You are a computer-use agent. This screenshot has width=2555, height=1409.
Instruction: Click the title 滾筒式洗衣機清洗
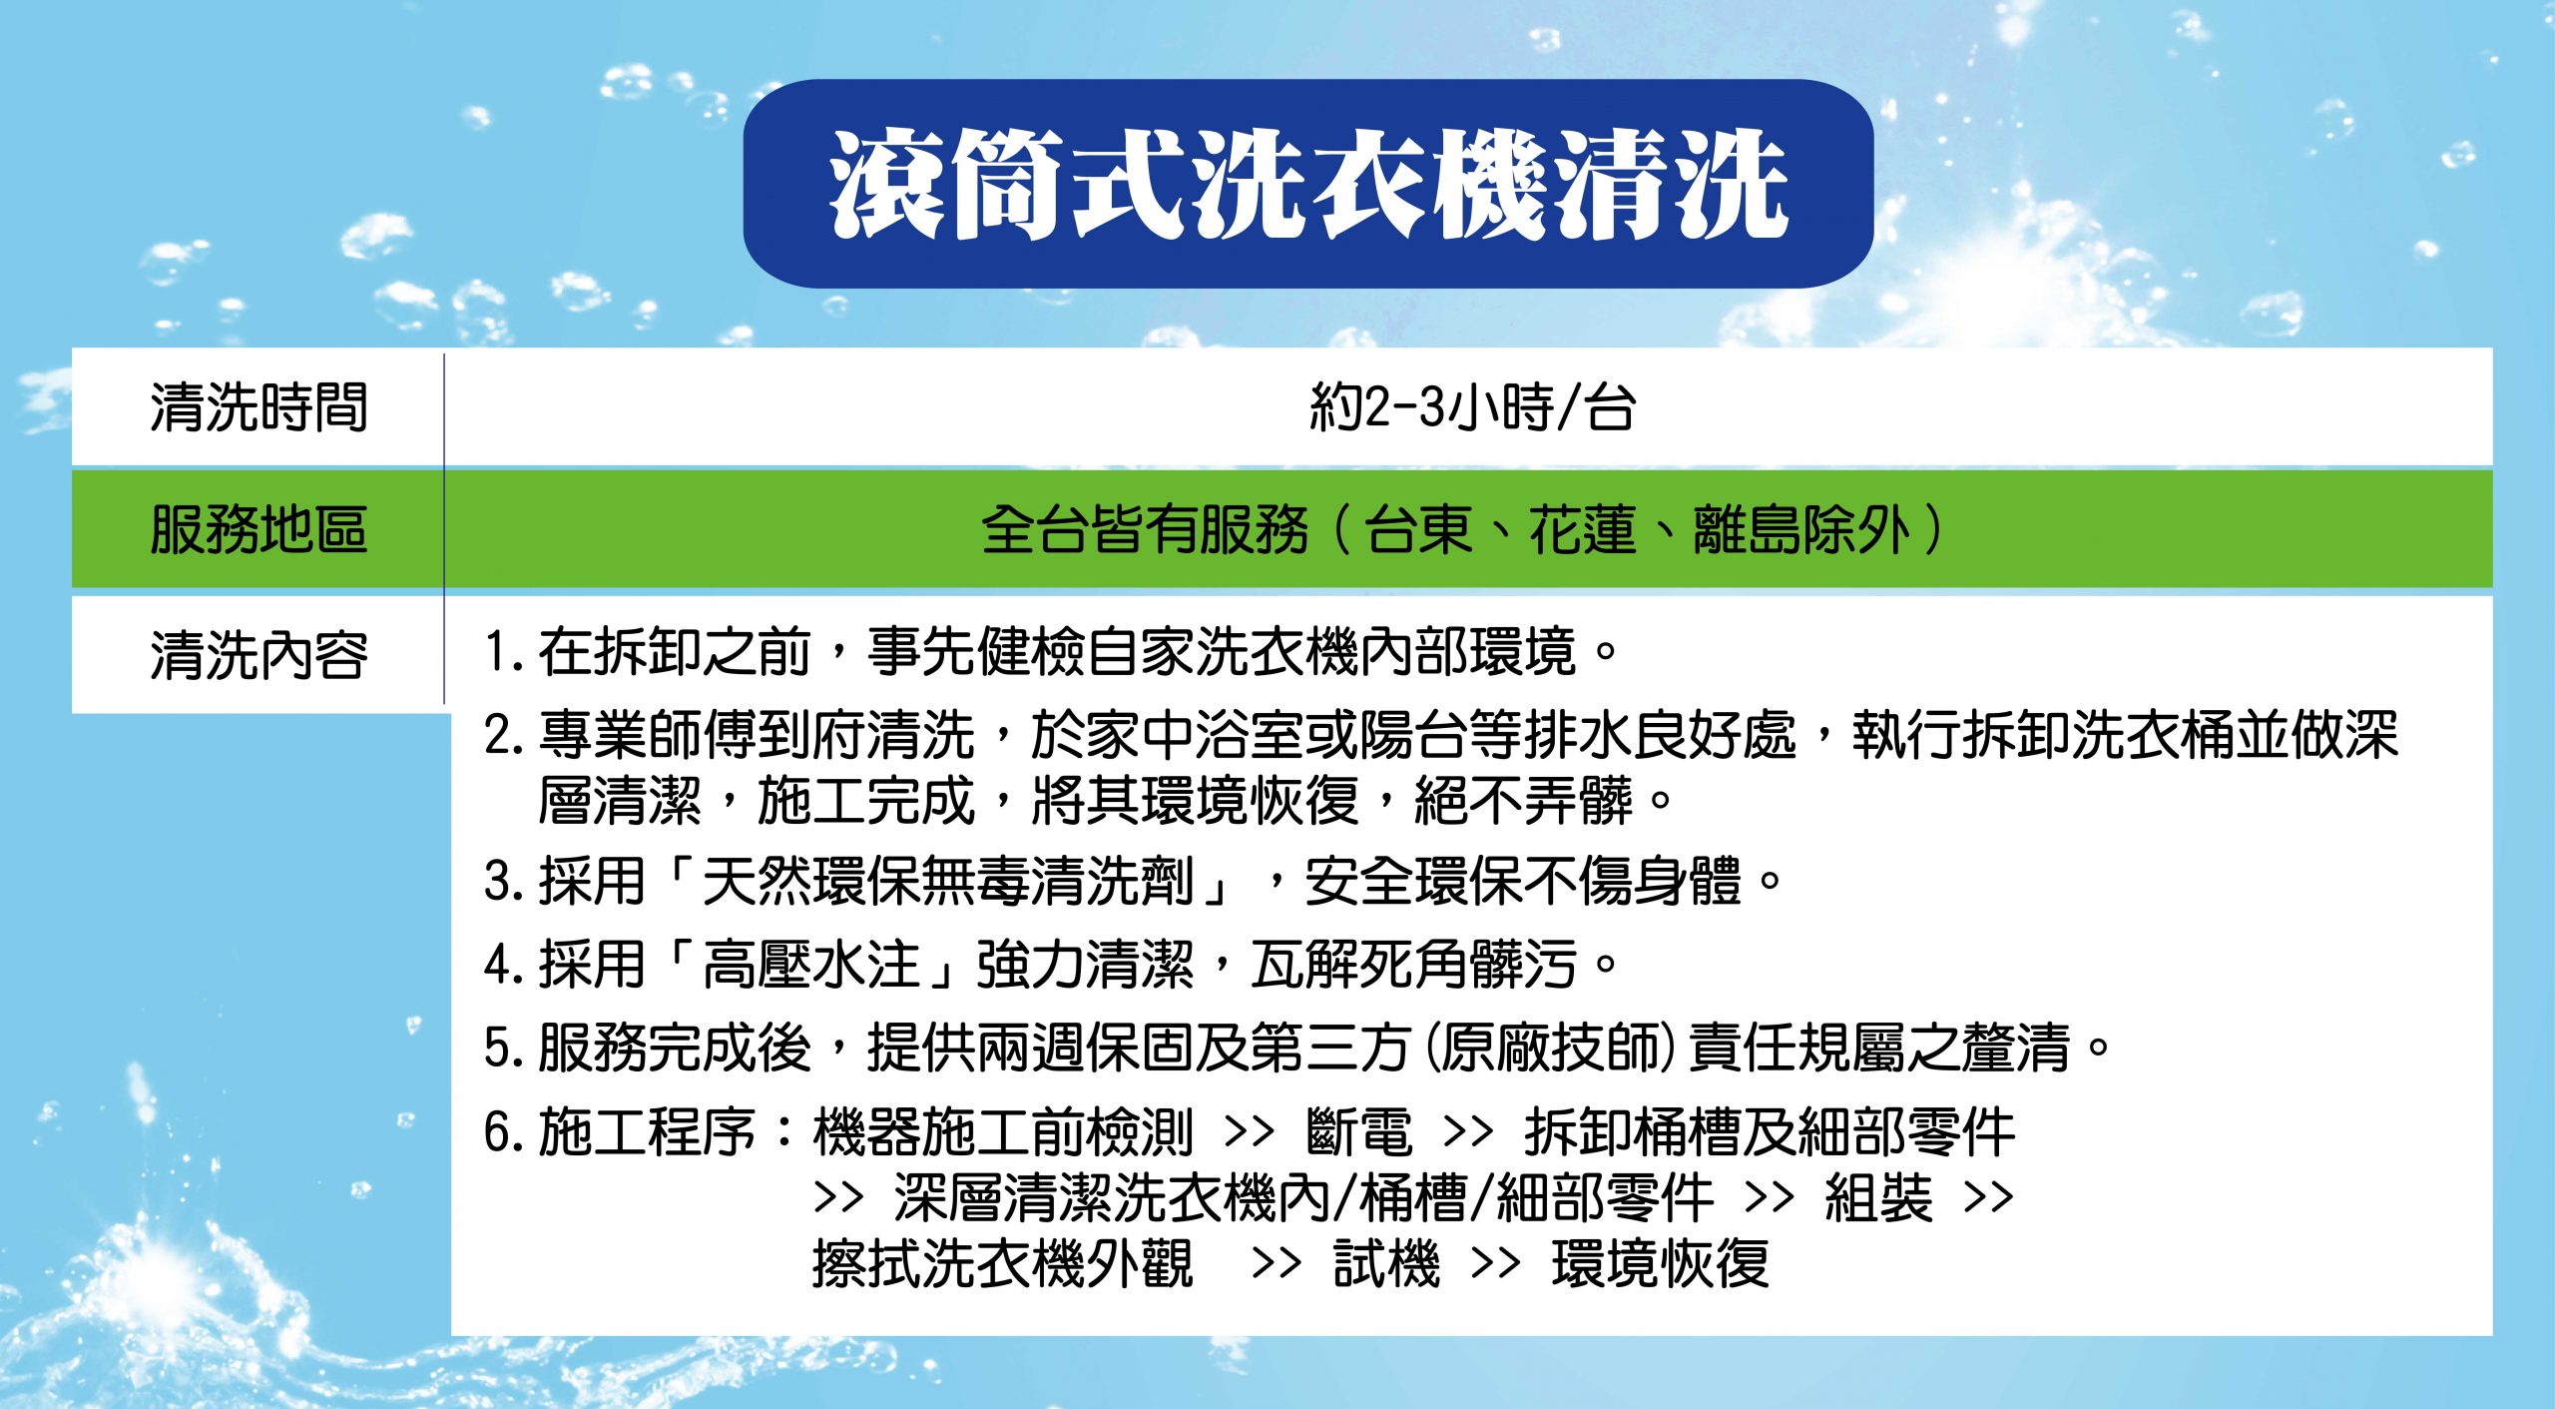coord(1308,186)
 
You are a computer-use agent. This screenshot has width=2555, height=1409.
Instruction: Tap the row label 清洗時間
coord(259,407)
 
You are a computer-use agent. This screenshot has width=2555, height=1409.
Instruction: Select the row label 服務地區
coord(259,529)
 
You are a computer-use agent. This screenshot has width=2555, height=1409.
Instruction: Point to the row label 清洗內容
coord(259,655)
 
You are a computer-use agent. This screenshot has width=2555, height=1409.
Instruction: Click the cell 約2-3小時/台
coord(1472,407)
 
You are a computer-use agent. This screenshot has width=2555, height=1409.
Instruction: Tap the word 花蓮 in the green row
coord(1583,529)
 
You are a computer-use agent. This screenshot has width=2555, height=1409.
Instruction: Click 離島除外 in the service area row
coord(1801,529)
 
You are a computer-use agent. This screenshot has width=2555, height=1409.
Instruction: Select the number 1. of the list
coord(504,652)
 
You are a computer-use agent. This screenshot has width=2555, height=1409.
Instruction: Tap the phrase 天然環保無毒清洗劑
coord(947,882)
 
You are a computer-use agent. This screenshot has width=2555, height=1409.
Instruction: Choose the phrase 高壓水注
coord(810,965)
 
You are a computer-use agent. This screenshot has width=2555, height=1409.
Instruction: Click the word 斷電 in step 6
coord(1359,1132)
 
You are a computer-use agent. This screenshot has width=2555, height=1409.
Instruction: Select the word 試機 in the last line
coord(1387,1263)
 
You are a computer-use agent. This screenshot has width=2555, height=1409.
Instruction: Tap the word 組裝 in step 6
coord(1878,1197)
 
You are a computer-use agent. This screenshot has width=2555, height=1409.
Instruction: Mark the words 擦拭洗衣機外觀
coord(1003,1263)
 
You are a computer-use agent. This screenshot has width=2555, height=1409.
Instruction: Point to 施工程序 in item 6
coord(647,1132)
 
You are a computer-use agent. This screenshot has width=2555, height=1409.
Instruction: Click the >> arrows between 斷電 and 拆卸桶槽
coord(1468,1132)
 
